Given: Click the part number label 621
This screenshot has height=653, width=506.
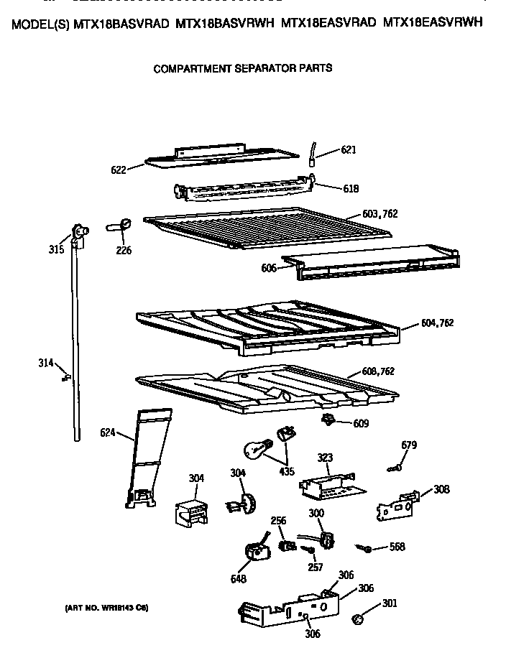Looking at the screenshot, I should click(x=349, y=150).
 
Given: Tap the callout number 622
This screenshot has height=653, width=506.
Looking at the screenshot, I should click(x=119, y=170).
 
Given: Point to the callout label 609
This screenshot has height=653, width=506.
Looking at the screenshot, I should click(x=360, y=424).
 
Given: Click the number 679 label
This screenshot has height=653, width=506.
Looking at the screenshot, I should click(x=409, y=445).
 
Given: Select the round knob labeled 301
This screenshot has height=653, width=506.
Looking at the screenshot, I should click(x=359, y=619).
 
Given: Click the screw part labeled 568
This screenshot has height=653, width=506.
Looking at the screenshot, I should click(x=367, y=549).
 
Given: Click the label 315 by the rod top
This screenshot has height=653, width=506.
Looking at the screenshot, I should click(x=56, y=249).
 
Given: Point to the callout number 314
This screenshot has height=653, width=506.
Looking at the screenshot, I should click(x=46, y=363).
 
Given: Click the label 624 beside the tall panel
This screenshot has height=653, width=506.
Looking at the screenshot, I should click(x=107, y=432).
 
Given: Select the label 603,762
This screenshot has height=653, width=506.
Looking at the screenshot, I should click(x=380, y=214).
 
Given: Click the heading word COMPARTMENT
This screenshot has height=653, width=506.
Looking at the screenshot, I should click(x=186, y=69).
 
